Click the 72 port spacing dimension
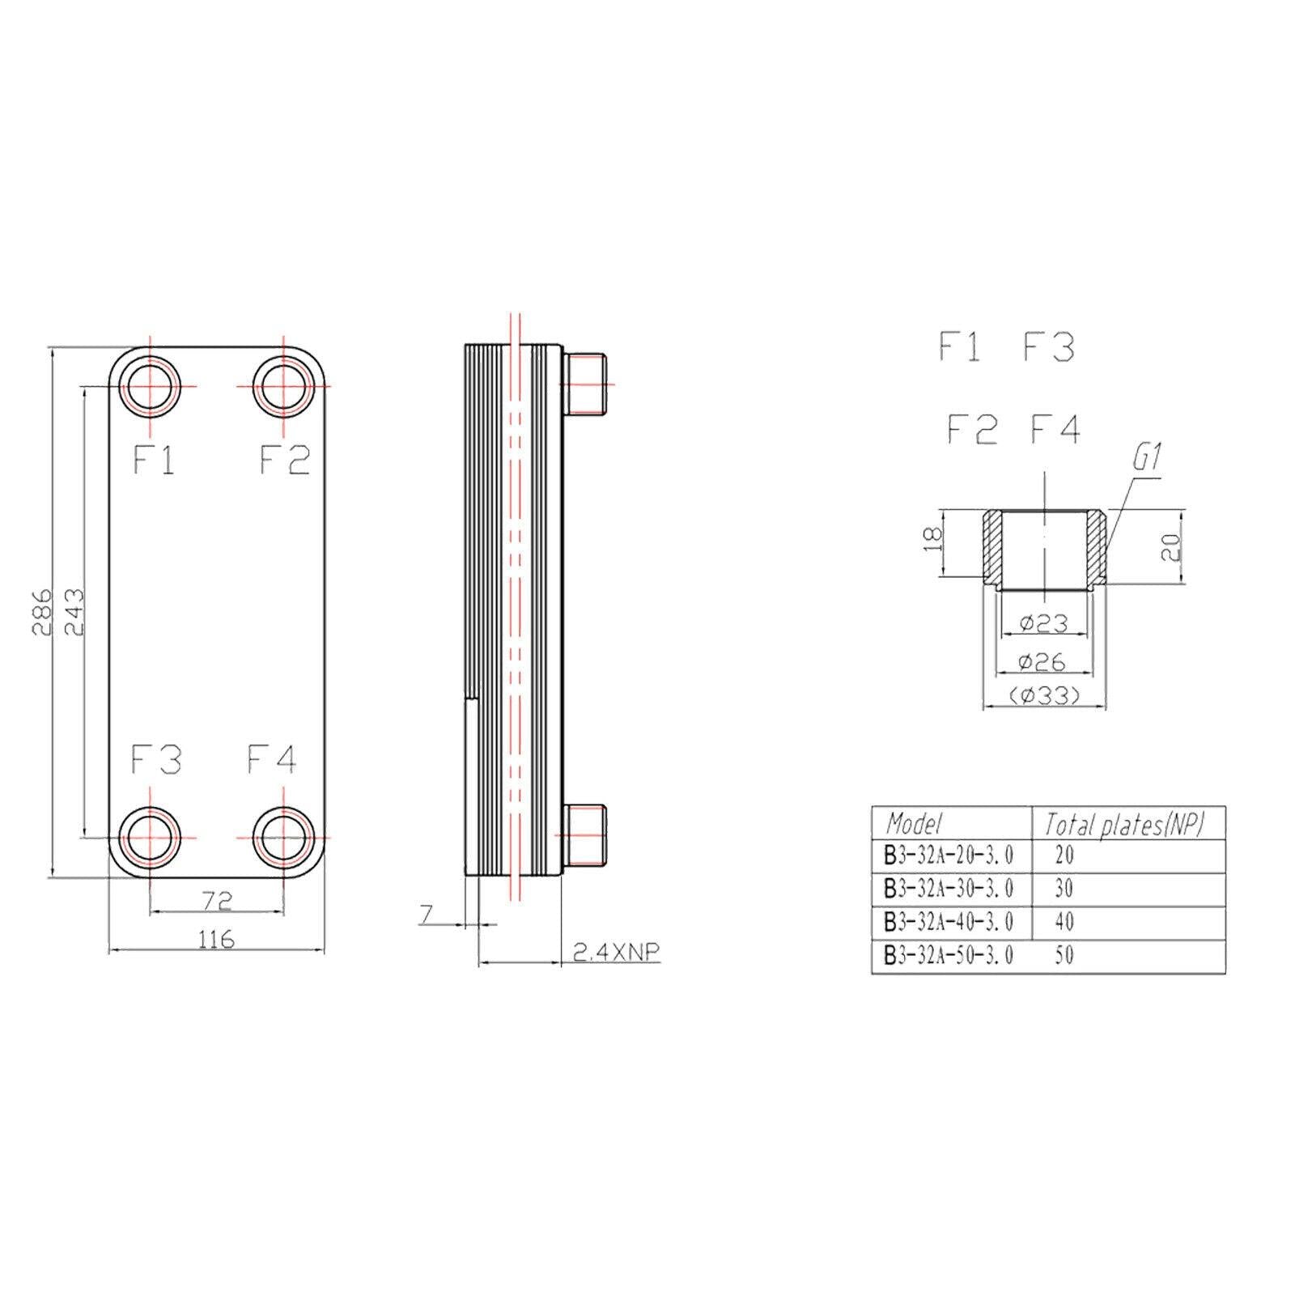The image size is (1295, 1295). pyautogui.click(x=217, y=899)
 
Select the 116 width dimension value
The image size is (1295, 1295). pyautogui.click(x=216, y=939)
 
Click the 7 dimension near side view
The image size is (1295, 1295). pyautogui.click(x=426, y=914)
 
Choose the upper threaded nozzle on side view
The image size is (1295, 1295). pyautogui.click(x=584, y=384)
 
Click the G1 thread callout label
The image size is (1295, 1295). pyautogui.click(x=1147, y=460)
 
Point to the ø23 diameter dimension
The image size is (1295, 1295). pyautogui.click(x=1043, y=623)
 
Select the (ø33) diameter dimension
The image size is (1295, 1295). pyautogui.click(x=1044, y=695)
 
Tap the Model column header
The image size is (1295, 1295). pyautogui.click(x=915, y=824)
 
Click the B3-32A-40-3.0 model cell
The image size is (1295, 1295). pyautogui.click(x=949, y=923)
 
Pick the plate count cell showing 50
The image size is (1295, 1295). pyautogui.click(x=1064, y=956)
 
